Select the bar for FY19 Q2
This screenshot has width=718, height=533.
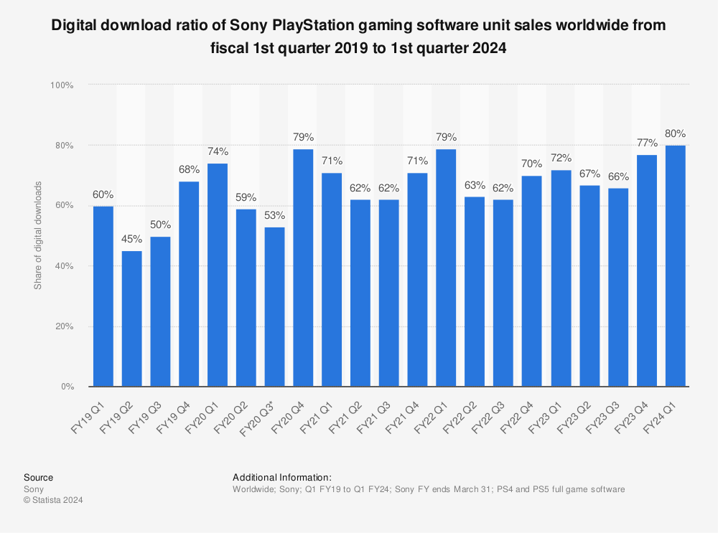point(131,319)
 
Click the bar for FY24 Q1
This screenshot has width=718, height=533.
point(676,266)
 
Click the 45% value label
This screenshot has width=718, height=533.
point(131,239)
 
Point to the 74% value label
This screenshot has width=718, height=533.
point(218,151)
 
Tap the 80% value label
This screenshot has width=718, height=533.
point(676,133)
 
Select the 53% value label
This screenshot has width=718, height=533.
point(274,214)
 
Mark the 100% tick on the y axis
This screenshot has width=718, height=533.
point(62,85)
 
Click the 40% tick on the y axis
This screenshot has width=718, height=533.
point(64,266)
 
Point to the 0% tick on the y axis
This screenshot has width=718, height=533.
point(67,387)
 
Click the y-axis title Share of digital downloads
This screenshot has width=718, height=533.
point(38,236)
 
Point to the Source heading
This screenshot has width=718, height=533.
point(38,477)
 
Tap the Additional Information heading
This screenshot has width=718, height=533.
point(282,477)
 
